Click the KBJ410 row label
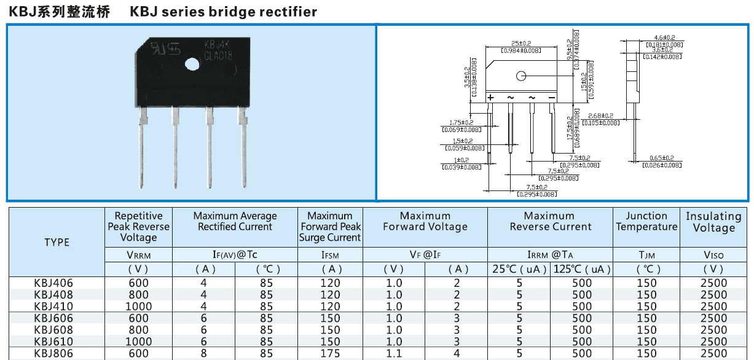click(54, 307)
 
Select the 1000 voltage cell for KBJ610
click(138, 342)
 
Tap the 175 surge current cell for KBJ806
click(331, 353)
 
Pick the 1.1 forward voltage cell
click(394, 353)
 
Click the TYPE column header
click(57, 242)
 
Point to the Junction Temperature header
click(646, 221)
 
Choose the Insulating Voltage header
click(713, 222)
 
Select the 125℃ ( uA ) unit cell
click(581, 269)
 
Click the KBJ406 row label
click(54, 283)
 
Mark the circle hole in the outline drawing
click(521, 76)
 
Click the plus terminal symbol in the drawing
click(490, 98)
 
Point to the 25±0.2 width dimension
click(520, 44)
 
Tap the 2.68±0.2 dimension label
click(600, 115)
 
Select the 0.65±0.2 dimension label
click(661, 158)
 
